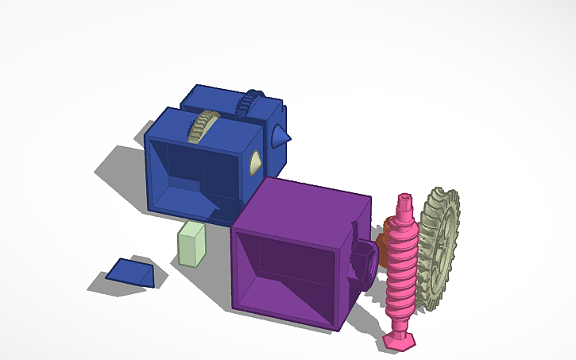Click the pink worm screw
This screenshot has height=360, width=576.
403,262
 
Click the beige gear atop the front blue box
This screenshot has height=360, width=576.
203,126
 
